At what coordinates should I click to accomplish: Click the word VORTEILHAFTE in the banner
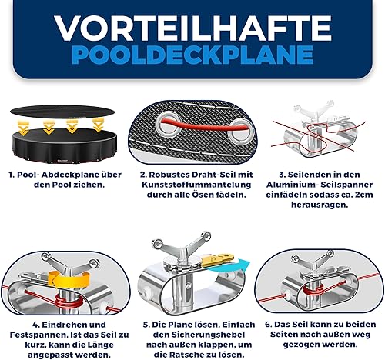point(192,28)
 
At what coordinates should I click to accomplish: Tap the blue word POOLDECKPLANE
point(192,55)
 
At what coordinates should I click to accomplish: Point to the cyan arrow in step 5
point(229,267)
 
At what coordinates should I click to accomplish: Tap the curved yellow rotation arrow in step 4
point(68,280)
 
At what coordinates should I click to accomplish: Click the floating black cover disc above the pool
point(62,112)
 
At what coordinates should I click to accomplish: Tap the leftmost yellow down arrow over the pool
point(24,128)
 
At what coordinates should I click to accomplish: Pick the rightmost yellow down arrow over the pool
point(98,125)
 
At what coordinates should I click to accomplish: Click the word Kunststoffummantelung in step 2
point(196,185)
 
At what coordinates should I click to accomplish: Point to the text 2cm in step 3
point(363,195)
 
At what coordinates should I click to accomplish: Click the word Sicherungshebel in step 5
point(208,335)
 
